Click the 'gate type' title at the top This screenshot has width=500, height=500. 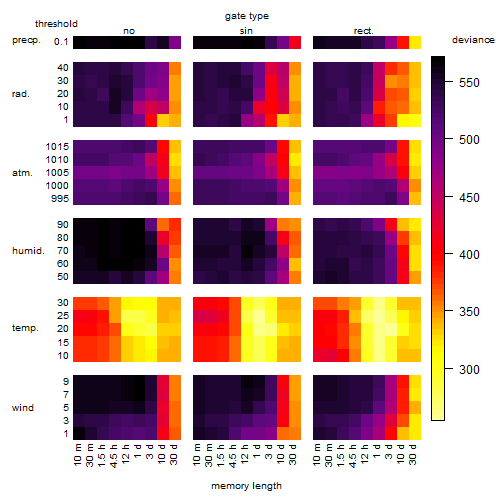click(247, 16)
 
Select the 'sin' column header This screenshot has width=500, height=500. click(246, 31)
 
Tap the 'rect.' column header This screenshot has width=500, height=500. click(364, 31)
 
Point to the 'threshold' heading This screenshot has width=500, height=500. click(56, 24)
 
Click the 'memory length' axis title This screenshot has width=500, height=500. click(246, 486)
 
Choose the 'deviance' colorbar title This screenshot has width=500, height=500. click(473, 40)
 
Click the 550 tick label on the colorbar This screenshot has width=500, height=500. click(469, 82)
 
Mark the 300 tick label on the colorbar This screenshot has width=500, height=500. click(469, 369)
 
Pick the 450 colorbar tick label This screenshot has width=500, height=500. click(469, 197)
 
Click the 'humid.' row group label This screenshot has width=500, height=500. click(28, 251)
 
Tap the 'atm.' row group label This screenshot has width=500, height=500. click(22, 173)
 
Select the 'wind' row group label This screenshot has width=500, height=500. click(23, 408)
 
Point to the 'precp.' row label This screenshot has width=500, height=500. click(26, 41)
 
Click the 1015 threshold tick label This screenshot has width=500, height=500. click(57, 147)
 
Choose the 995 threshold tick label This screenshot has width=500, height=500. click(60, 199)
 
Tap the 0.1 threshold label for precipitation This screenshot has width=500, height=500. click(61, 42)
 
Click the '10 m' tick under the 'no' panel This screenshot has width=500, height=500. click(78, 454)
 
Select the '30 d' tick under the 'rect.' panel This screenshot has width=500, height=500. click(413, 454)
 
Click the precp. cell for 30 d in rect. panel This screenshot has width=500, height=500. click(415, 43)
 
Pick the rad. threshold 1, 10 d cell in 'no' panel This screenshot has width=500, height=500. click(163, 120)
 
